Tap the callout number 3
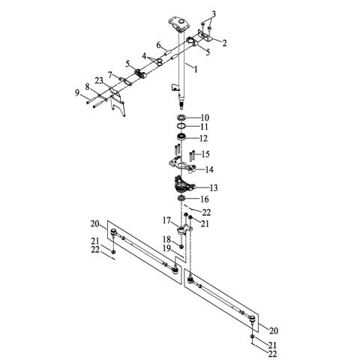coord(213,14)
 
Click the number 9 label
coord(76,92)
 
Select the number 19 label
coord(166,247)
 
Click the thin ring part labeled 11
coord(182,128)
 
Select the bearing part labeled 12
coord(182,139)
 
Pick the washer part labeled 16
coord(182,200)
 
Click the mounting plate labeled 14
coord(180,165)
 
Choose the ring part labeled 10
coord(182,118)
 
